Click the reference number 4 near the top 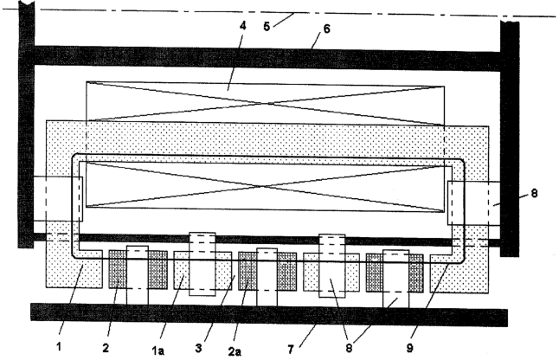point(243,28)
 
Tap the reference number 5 point(267,26)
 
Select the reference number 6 point(327,29)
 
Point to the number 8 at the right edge point(534,194)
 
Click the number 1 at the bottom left point(59,346)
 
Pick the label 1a point(158,350)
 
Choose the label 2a point(235,351)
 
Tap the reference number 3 point(198,348)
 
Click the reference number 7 point(291,350)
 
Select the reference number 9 point(410,348)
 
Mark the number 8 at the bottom point(349,348)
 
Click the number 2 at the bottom point(106,348)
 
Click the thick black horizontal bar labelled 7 point(269,315)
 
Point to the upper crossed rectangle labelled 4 point(266,103)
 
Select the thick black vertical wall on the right point(510,139)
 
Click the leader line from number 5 point(284,19)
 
